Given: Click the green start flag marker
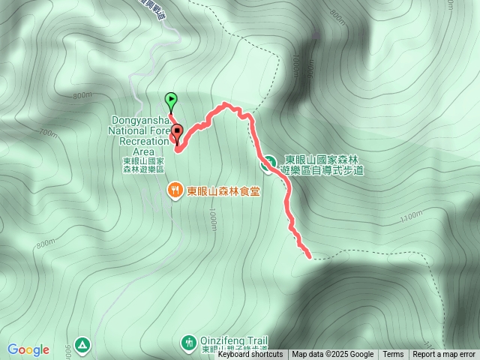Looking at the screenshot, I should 171,99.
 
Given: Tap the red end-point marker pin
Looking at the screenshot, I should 178,133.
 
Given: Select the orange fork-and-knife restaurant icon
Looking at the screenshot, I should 174,190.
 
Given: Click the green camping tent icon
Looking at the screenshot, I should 82,344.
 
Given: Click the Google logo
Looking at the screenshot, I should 28,349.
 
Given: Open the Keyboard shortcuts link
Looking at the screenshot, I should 250,355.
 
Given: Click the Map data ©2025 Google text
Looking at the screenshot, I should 332,355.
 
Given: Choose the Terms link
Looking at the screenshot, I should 393,355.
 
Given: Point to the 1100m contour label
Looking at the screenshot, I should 412,217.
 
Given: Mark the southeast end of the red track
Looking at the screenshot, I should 309,256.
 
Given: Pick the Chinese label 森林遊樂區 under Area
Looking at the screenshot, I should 142,170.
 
